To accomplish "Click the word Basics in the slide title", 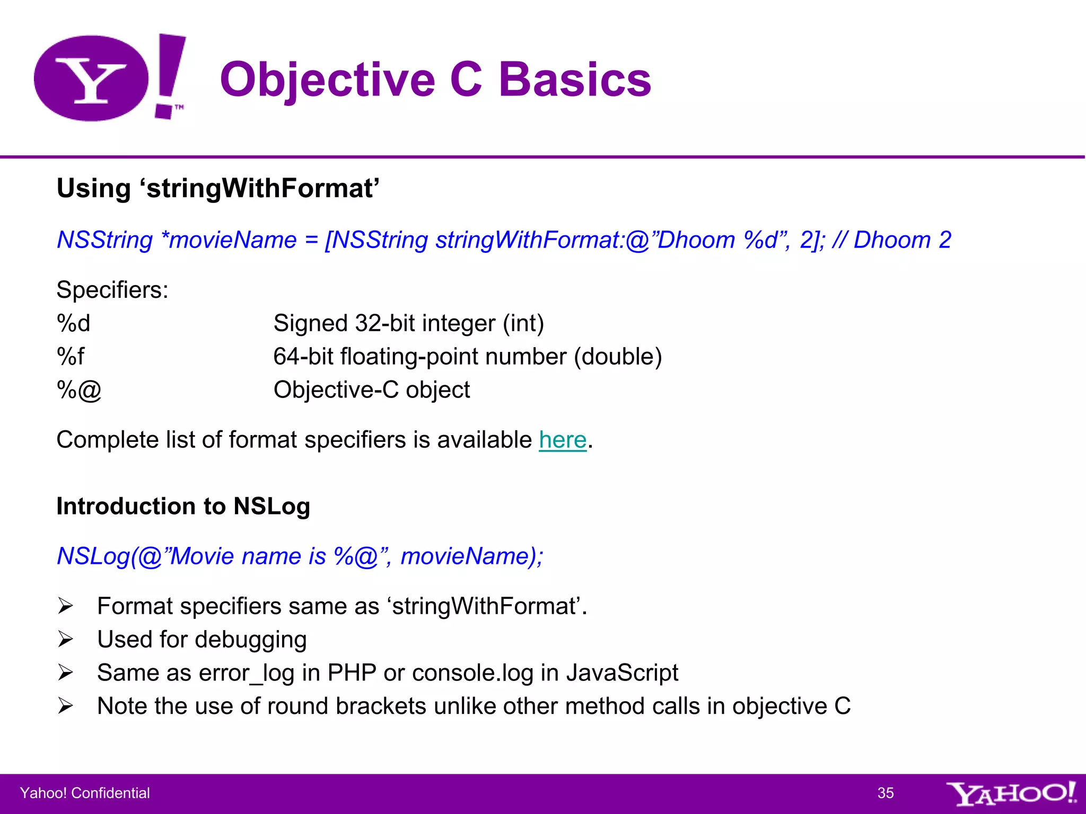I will [575, 79].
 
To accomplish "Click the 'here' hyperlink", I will [563, 440].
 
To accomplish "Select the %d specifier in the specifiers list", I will [74, 323].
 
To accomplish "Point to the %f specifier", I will [71, 357].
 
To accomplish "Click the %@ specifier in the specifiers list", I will [79, 390].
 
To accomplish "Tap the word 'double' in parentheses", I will [618, 357].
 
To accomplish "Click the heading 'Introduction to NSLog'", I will [183, 506].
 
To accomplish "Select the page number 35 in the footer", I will [885, 793].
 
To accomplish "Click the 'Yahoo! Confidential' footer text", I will [85, 793].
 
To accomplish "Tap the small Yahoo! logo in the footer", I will [1010, 793].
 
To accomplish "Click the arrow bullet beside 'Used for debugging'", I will [66, 640].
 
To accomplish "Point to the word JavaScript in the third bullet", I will [622, 673].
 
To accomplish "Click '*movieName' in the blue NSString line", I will [229, 240].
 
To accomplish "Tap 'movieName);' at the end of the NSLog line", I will [471, 556].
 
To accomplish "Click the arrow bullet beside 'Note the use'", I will [66, 706].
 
